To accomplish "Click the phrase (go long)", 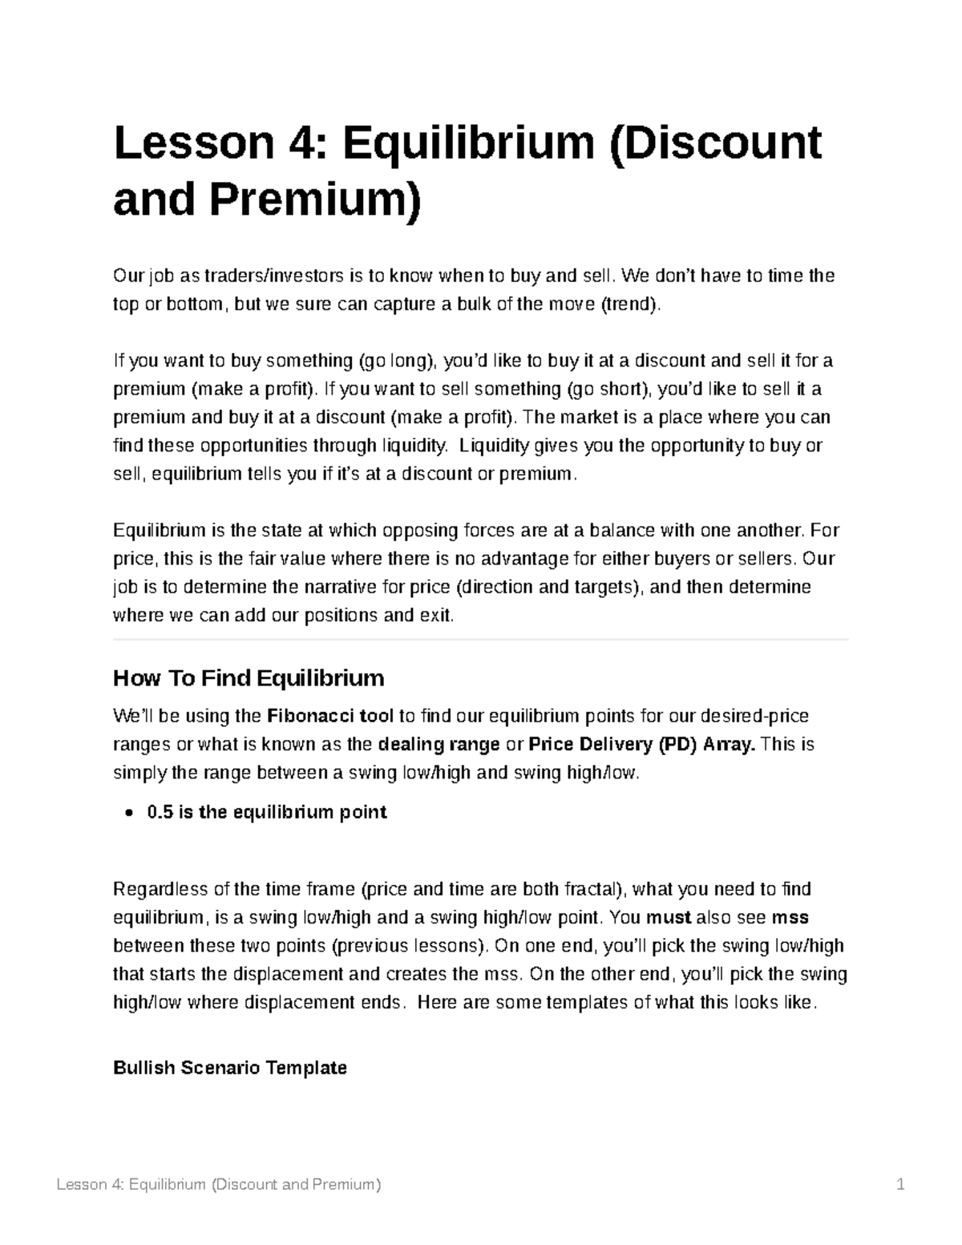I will pos(396,361).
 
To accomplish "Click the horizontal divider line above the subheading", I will pos(480,640).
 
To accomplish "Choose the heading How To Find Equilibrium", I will pos(249,678).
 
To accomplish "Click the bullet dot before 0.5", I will pos(130,813).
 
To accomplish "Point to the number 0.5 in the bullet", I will pos(160,812).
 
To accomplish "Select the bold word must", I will pos(669,917).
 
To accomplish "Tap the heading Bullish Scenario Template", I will pos(230,1068).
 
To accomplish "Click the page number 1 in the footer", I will pos(900,1185).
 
